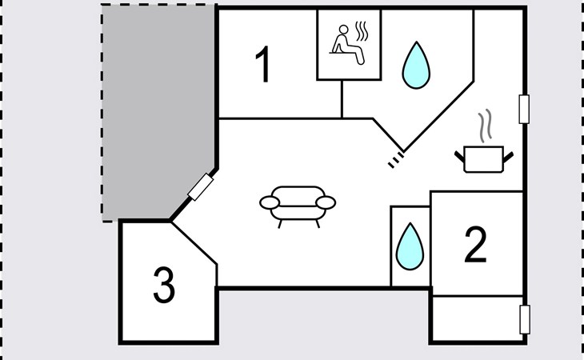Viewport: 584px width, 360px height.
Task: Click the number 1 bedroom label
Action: [x=263, y=65]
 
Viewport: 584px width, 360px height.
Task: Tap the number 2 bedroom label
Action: [x=476, y=244]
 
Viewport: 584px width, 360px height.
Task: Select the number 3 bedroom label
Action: [x=164, y=285]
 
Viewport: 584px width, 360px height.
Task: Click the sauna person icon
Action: [x=346, y=44]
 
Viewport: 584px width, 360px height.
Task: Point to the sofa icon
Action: [x=298, y=206]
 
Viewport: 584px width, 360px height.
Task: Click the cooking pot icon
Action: [x=484, y=159]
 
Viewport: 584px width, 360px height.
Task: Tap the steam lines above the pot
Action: [x=485, y=126]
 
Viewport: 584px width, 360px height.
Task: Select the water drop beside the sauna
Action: [x=416, y=65]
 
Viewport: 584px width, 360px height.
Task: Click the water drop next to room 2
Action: [x=410, y=246]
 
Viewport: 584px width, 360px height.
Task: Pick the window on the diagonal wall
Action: [x=200, y=187]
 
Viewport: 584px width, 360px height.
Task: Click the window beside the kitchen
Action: [x=524, y=109]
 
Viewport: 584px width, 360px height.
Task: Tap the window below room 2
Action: [x=525, y=319]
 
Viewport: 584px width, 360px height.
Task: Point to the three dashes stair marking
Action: [x=396, y=160]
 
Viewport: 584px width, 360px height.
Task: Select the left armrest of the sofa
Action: [x=270, y=203]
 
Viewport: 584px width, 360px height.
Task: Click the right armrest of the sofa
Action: [x=326, y=202]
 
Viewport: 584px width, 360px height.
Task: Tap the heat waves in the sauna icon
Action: [x=362, y=31]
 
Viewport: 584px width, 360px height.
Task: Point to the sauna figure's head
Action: [x=344, y=30]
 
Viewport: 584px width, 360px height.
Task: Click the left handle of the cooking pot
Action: [x=460, y=156]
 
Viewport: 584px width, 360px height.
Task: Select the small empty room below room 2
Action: [x=477, y=318]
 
